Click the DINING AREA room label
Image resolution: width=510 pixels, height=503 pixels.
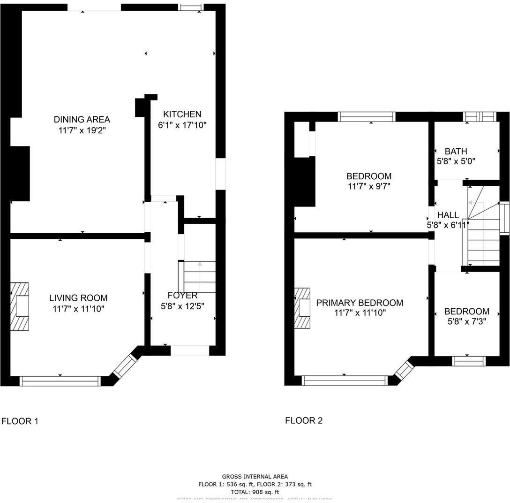pyautogui.click(x=82, y=119)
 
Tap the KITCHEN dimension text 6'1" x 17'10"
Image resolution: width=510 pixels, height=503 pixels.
pyautogui.click(x=182, y=125)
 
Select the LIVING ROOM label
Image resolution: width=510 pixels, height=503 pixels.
pyautogui.click(x=78, y=298)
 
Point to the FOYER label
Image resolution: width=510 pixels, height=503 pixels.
pyautogui.click(x=182, y=295)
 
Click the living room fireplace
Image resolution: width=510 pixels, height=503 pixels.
pyautogui.click(x=20, y=306)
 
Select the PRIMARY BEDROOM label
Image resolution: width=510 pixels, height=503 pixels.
pyautogui.click(x=360, y=303)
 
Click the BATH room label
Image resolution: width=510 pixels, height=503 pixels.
pyautogui.click(x=456, y=151)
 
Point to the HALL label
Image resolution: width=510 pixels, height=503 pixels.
pyautogui.click(x=448, y=215)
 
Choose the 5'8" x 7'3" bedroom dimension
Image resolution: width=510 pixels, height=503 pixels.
pyautogui.click(x=466, y=322)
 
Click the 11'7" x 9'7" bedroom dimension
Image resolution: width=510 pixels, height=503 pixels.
pyautogui.click(x=369, y=186)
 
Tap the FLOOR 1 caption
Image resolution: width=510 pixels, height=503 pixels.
pyautogui.click(x=20, y=421)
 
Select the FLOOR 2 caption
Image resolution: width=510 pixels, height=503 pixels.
pyautogui.click(x=304, y=420)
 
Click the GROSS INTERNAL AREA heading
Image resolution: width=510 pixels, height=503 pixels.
pyautogui.click(x=255, y=476)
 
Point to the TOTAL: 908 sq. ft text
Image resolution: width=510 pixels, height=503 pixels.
pyautogui.click(x=255, y=492)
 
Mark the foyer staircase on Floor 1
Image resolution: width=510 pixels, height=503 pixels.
pyautogui.click(x=199, y=277)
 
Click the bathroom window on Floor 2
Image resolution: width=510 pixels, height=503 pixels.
pyautogui.click(x=479, y=116)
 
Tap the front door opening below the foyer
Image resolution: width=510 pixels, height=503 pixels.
pyautogui.click(x=189, y=351)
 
